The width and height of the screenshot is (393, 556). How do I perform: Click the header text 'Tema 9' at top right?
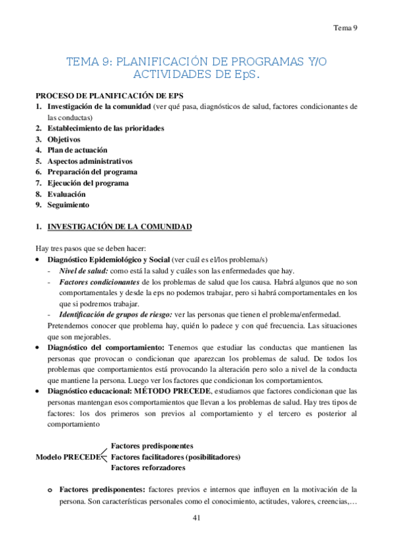[x=344, y=28]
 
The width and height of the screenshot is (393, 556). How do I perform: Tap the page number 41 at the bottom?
[x=196, y=518]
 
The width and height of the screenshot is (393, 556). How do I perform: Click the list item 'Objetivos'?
[x=64, y=139]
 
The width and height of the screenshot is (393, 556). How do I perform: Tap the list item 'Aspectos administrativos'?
[x=90, y=161]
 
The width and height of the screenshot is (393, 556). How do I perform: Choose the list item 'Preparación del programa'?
[x=92, y=172]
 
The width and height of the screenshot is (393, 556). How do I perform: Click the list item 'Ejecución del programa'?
[x=88, y=183]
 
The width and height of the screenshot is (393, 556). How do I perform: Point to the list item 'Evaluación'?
[x=66, y=194]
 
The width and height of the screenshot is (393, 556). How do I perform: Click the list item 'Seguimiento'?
[x=68, y=205]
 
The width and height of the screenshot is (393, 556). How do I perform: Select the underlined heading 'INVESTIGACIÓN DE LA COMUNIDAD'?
[x=119, y=227]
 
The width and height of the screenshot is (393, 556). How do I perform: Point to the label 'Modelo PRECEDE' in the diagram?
[x=68, y=456]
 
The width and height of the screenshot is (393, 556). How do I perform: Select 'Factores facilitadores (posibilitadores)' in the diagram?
[x=176, y=456]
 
